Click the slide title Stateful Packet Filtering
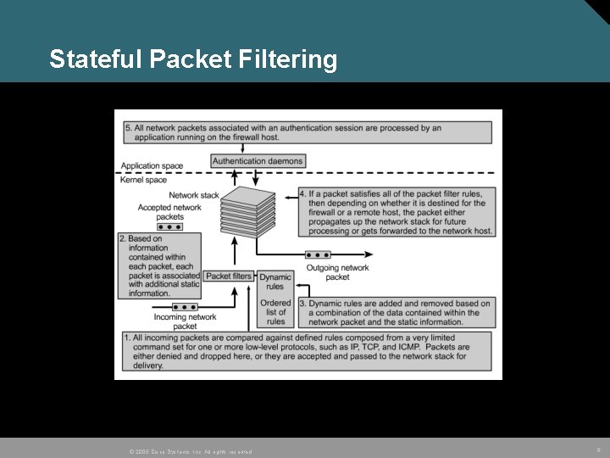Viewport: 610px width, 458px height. [x=193, y=59]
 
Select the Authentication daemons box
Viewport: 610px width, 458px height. [x=258, y=161]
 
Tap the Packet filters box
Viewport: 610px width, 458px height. [x=229, y=276]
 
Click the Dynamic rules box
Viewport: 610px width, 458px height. [x=275, y=282]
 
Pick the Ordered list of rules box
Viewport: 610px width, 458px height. [x=276, y=311]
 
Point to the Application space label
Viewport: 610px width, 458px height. [x=152, y=166]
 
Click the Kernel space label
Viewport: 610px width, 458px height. [x=143, y=180]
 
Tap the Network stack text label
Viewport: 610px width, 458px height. [x=194, y=195]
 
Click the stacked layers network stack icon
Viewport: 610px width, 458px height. [x=253, y=212]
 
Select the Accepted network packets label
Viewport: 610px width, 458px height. [x=169, y=212]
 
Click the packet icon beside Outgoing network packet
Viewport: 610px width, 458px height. [x=318, y=254]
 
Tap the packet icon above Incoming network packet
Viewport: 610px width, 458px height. [x=185, y=306]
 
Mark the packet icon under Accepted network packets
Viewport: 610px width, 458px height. [x=169, y=227]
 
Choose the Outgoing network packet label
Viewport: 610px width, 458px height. [x=337, y=272]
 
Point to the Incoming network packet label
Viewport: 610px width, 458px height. [x=185, y=321]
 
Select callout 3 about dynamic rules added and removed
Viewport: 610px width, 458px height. [x=399, y=312]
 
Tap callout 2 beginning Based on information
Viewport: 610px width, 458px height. [x=160, y=265]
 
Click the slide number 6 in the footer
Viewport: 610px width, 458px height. [x=599, y=450]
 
